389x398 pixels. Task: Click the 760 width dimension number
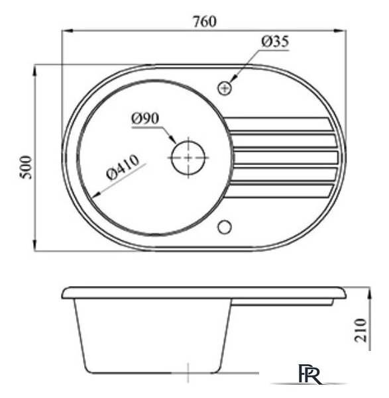tap(205, 21)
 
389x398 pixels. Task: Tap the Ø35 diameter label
tap(275, 42)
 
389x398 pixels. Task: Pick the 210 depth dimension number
tap(361, 328)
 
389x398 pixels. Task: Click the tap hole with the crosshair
tap(225, 87)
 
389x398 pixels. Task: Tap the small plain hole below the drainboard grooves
tap(225, 226)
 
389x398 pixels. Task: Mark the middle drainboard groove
tap(285, 158)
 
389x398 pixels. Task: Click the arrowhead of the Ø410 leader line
tap(97, 194)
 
